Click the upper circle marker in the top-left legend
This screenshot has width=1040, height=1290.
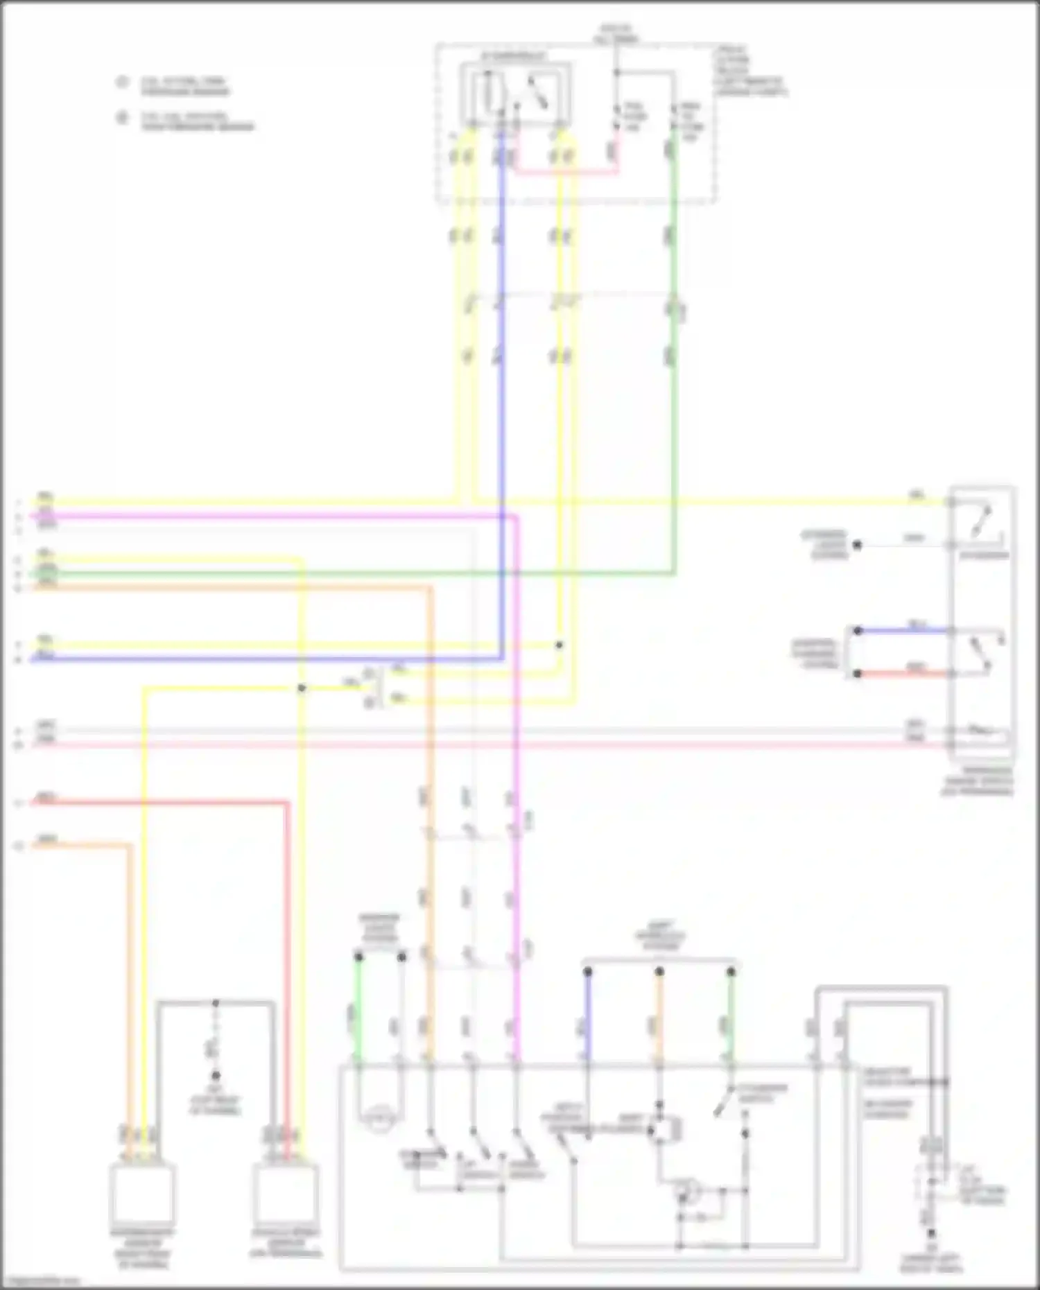(x=123, y=82)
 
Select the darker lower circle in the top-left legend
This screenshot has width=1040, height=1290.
(x=123, y=118)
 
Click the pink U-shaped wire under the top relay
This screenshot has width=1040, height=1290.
(x=565, y=171)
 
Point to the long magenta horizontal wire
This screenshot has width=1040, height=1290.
(x=277, y=516)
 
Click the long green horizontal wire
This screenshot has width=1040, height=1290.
(x=347, y=573)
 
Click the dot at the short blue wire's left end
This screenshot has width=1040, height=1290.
(x=858, y=631)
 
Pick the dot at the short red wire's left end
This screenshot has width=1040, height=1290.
(x=858, y=674)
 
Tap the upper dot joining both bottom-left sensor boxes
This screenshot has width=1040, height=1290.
(x=216, y=1003)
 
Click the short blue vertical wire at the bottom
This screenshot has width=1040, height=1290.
(x=588, y=1019)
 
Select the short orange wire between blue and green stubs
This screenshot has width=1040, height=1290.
(x=659, y=1019)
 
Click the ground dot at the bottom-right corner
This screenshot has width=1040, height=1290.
(x=931, y=1233)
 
